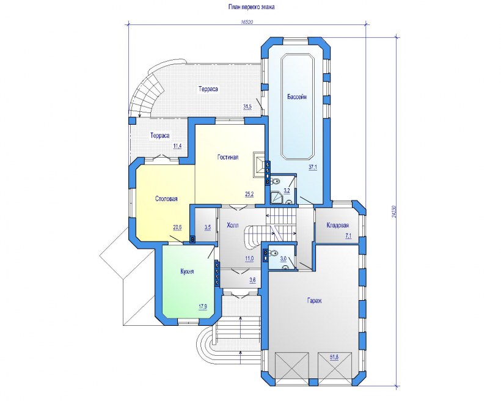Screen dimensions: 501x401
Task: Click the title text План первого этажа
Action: (x=251, y=7)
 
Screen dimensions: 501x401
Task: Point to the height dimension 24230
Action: (x=393, y=211)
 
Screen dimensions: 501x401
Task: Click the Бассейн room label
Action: (x=297, y=97)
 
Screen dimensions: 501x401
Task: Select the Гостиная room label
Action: (x=228, y=157)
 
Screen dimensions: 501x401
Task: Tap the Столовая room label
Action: (x=166, y=199)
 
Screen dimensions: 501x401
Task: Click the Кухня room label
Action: (x=187, y=271)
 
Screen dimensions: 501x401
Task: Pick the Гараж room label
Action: (x=315, y=301)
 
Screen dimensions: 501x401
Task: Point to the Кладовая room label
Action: (x=338, y=226)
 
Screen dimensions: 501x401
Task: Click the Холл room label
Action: (x=232, y=226)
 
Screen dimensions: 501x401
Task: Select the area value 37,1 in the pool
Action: (x=313, y=167)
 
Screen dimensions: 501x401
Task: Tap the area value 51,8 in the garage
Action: (x=334, y=356)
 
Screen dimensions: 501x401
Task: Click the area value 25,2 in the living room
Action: (x=249, y=194)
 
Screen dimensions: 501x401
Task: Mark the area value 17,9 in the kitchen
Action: (x=203, y=307)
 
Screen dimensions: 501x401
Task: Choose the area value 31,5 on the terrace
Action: (x=247, y=107)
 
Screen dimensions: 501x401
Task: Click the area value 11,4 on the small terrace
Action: (x=177, y=146)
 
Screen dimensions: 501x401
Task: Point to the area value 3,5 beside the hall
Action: (x=208, y=227)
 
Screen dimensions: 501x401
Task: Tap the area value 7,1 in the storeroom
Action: (x=348, y=236)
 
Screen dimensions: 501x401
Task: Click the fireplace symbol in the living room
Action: (x=259, y=164)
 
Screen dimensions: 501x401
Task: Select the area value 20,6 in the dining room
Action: (x=177, y=227)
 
